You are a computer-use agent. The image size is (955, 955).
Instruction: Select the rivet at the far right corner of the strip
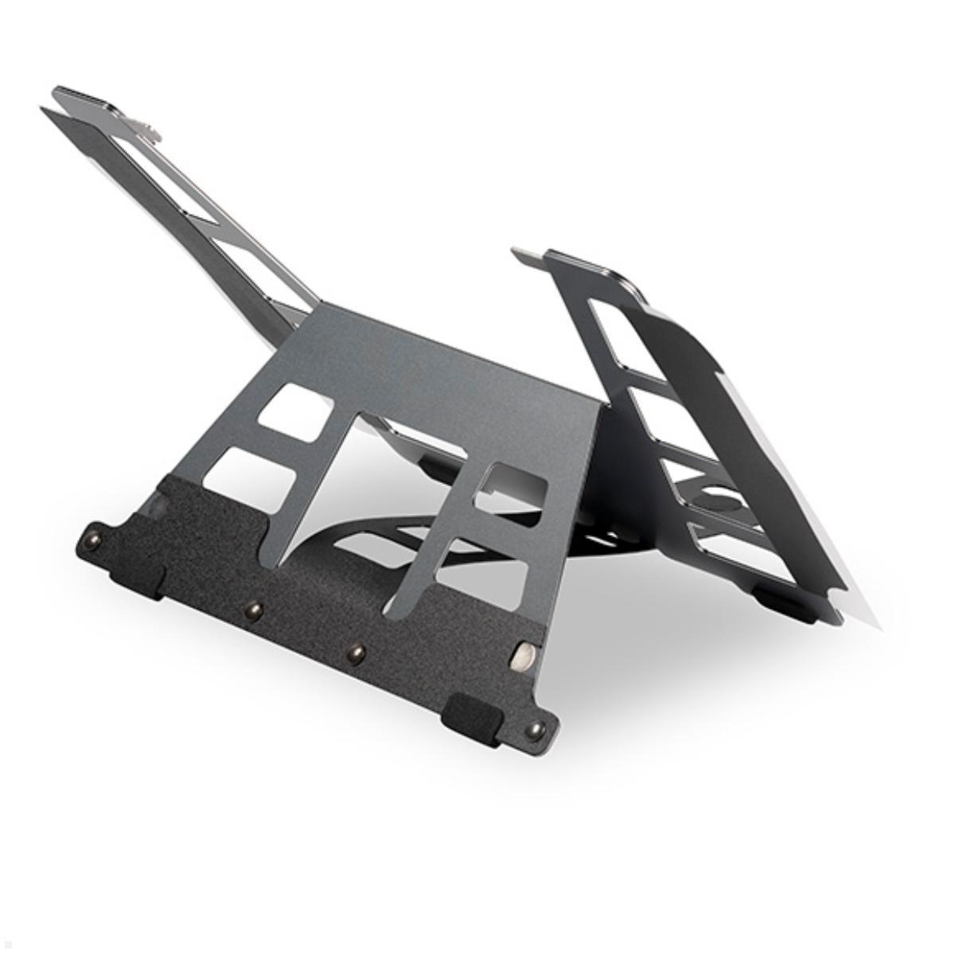tap(539, 727)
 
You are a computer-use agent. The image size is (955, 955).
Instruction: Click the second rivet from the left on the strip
tap(254, 610)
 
